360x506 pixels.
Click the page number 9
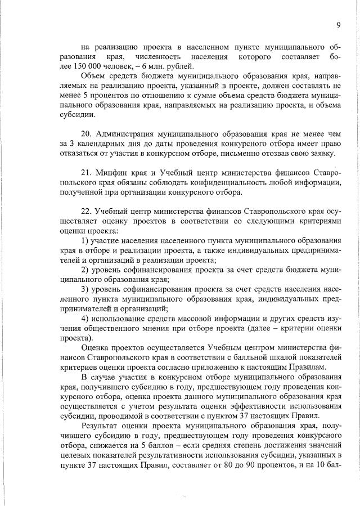[339, 24]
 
